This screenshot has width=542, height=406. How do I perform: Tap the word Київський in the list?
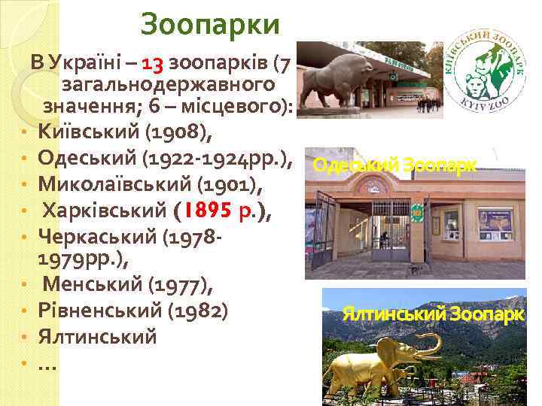tap(91, 133)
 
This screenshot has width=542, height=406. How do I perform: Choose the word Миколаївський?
tap(114, 183)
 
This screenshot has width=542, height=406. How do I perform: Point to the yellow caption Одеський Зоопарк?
tap(394, 165)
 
